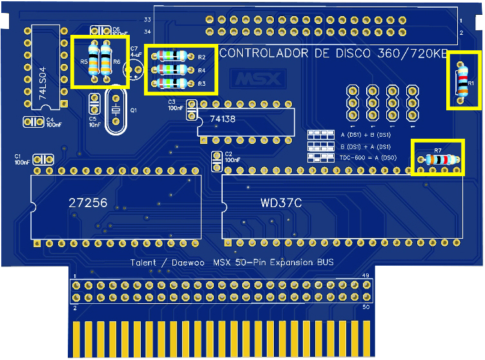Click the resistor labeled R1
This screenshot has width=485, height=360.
click(461, 82)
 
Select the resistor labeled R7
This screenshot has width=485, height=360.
click(439, 159)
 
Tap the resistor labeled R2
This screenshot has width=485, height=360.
click(172, 56)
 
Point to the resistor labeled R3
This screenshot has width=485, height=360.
click(172, 83)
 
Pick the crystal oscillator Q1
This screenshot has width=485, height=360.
click(116, 111)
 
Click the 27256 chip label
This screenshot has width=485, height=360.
click(88, 203)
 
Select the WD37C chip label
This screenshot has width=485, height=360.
click(281, 203)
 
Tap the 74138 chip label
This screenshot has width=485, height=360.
click(223, 119)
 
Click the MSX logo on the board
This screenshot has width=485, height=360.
click(259, 79)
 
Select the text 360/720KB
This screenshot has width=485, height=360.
click(413, 54)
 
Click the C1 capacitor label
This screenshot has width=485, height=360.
click(18, 157)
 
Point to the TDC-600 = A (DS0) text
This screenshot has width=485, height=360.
click(368, 157)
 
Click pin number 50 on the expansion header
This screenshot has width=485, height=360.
click(366, 308)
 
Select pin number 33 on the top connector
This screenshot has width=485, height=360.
click(147, 20)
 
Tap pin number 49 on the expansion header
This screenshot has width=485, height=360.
click(366, 276)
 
